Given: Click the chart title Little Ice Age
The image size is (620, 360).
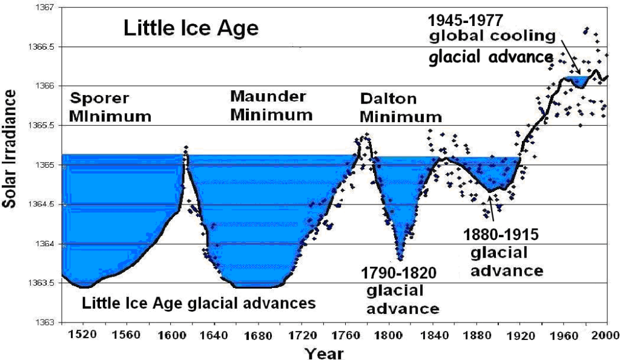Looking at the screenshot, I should click(x=191, y=28).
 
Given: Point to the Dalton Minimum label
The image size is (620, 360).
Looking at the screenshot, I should click(x=400, y=107).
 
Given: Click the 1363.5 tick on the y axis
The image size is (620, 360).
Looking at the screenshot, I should click(x=42, y=283).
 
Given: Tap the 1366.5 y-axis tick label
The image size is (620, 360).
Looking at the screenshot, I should click(x=42, y=47).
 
